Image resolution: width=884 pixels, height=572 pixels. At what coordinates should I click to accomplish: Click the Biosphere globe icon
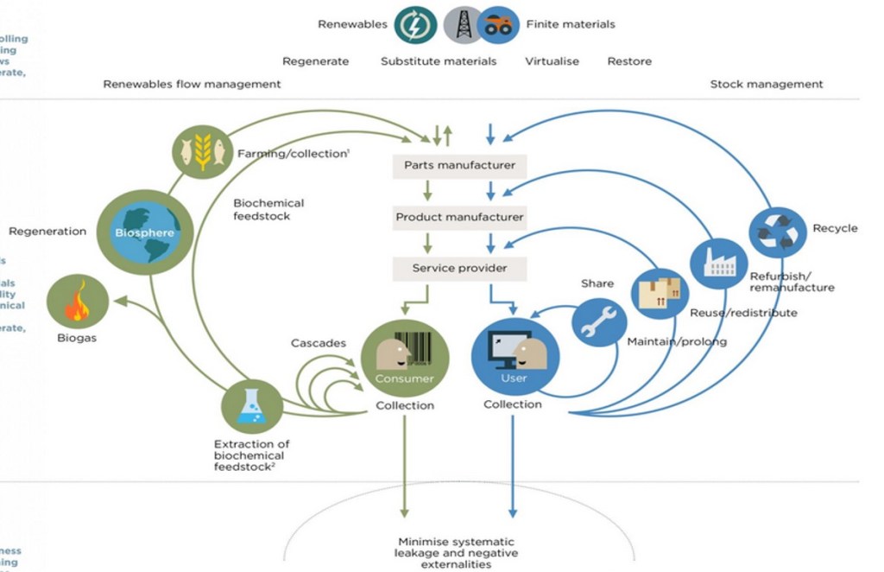pos(145,232)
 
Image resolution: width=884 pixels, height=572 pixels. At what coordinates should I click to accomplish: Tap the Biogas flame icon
pos(79,302)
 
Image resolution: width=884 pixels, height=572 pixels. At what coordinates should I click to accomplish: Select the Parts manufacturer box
pos(459,165)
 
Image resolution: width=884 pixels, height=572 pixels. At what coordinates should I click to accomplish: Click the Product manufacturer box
pos(459,217)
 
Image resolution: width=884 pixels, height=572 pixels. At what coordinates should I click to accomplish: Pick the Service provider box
pos(459,268)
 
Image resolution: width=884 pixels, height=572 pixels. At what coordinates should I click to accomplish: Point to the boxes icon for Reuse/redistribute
pos(660,295)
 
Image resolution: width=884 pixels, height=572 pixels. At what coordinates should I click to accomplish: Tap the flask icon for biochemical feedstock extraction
pos(252,407)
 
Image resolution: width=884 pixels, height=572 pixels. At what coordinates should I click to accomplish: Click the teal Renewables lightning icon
pos(415,25)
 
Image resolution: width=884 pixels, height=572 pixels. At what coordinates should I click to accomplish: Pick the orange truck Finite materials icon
pos(498,25)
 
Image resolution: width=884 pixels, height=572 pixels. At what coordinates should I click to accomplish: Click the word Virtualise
pos(552,61)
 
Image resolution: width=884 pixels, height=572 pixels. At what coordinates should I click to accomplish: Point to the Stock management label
pos(766,85)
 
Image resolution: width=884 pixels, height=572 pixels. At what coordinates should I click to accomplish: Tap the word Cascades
pos(318,343)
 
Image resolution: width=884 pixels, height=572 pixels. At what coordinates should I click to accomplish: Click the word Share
pos(597,283)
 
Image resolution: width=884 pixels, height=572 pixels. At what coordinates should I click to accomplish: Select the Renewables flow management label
pos(192,85)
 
